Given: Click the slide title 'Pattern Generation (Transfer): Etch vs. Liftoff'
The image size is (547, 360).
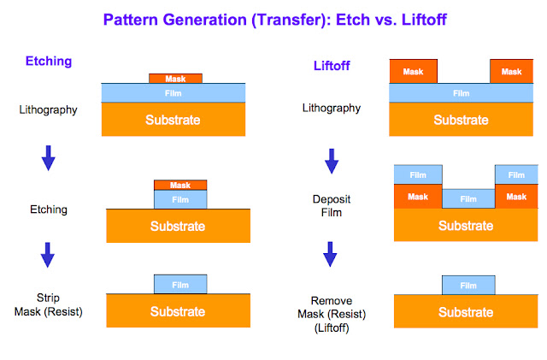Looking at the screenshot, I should point(273,18).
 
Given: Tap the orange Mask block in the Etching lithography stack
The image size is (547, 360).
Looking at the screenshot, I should point(175,78).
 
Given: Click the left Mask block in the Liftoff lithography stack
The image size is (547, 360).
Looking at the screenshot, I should point(413,72).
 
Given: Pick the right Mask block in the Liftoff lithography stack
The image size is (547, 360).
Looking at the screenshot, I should point(511,72).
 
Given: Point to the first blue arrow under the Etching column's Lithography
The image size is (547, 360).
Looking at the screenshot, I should point(48,156).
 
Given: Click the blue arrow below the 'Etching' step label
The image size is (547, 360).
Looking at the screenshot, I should point(48,254).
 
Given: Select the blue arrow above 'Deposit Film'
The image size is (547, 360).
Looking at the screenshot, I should point(332,160).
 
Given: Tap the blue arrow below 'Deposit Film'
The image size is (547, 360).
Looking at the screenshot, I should point(332,254).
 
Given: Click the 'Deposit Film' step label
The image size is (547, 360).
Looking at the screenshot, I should point(331,205).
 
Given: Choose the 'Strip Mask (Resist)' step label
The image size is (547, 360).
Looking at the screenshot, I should point(48,305).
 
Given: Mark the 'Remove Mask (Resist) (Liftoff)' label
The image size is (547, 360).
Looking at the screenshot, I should point(332,313).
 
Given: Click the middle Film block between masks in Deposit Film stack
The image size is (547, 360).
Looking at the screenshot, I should point(468,198).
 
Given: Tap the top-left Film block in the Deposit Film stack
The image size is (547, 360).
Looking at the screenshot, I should point(418,174).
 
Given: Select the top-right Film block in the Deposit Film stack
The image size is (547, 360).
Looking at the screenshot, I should point(517,174).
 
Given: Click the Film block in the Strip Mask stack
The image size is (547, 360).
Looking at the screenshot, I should point(180,284).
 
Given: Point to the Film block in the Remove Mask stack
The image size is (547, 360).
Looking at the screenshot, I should point(468,285).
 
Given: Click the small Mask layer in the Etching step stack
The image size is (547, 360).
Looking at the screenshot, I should point(180,185).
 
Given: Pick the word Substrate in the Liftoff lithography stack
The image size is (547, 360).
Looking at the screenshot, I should point(461,120).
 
